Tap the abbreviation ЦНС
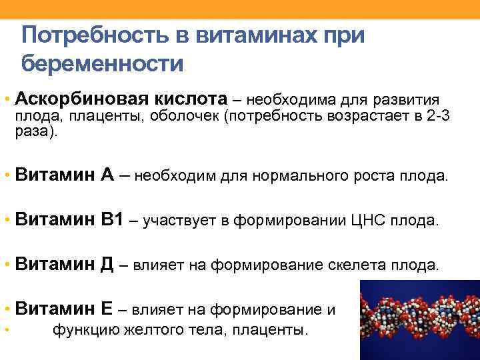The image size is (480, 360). [366, 221]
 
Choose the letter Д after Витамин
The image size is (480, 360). [108, 265]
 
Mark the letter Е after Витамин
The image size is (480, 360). [107, 309]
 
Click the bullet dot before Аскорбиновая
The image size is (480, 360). [6, 100]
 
